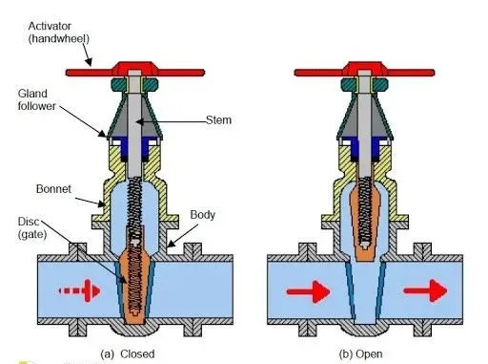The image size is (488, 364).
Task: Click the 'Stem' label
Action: [x=220, y=121]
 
